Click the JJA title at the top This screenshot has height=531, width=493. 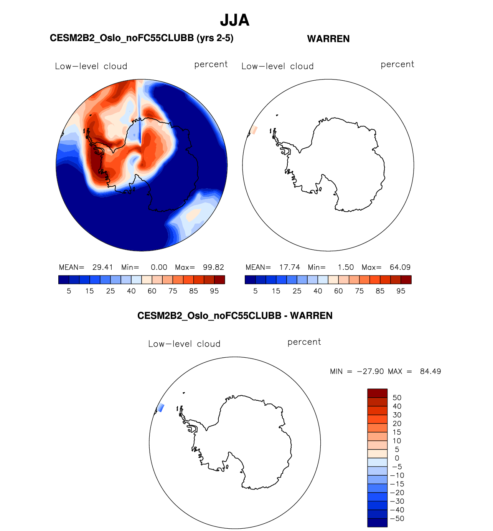235,20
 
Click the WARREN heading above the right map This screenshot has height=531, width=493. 328,39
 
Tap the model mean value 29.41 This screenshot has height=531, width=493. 102,267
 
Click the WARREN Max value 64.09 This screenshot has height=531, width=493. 400,267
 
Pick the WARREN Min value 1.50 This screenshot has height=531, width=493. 346,267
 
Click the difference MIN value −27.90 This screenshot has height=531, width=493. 370,372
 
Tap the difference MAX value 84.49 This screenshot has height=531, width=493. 430,372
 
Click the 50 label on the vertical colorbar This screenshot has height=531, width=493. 397,398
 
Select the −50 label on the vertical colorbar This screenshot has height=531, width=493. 397,519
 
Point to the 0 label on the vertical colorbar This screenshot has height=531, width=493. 397,458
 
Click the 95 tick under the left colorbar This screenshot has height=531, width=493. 214,291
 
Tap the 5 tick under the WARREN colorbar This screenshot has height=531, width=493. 256,291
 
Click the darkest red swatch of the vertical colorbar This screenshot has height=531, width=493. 377,393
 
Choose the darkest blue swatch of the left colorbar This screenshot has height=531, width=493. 64,280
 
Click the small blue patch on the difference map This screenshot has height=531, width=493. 161,408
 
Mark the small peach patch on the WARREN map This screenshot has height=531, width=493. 254,130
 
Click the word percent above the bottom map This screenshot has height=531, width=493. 304,342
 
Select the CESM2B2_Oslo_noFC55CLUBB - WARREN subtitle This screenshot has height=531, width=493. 235,316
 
